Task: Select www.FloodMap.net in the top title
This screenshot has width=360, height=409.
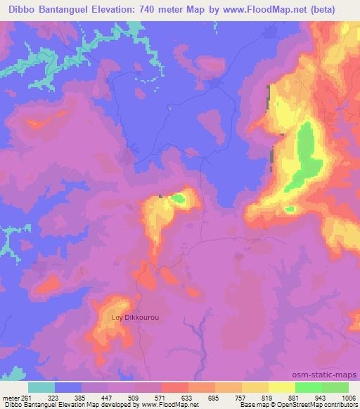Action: click(x=270, y=9)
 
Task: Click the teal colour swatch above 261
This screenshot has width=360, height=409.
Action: click(x=41, y=387)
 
